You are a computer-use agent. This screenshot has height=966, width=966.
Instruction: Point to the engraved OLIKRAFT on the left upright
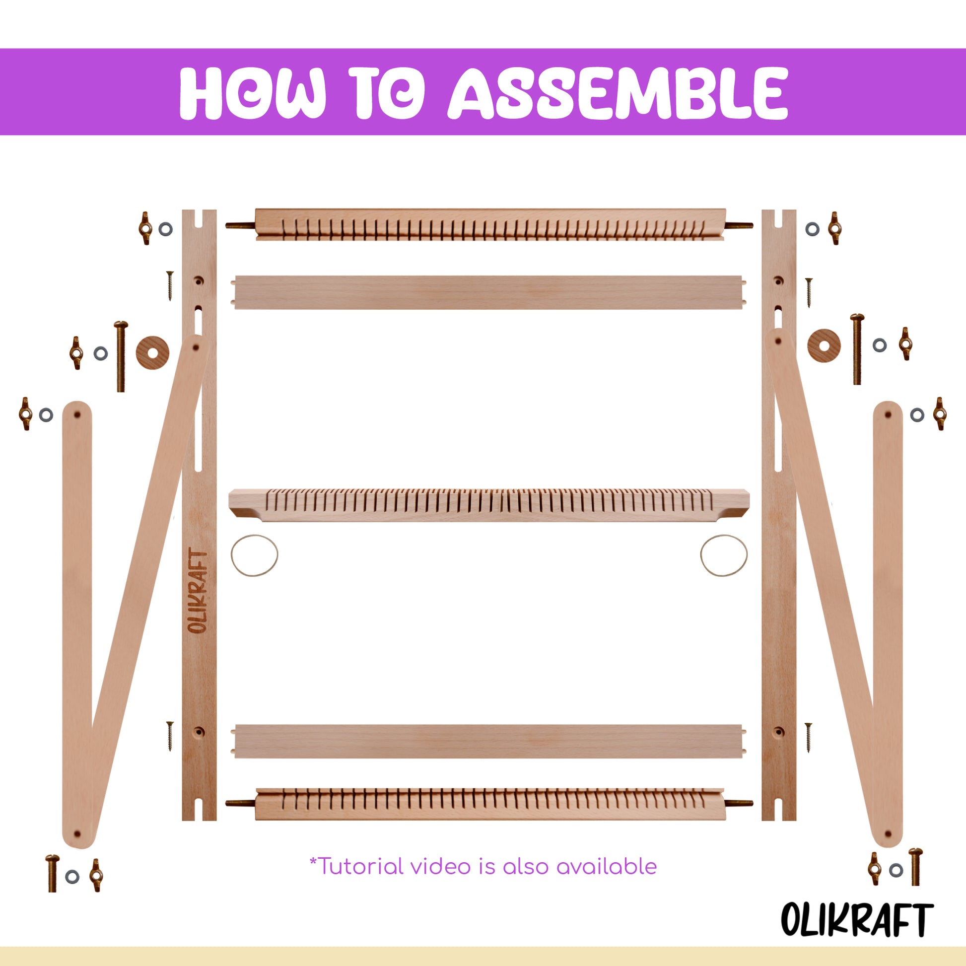pos(199,593)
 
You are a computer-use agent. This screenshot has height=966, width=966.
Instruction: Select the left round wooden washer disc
pos(152,352)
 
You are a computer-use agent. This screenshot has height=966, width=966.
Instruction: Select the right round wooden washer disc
pos(824,345)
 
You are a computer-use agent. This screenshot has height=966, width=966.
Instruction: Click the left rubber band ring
pos(254,555)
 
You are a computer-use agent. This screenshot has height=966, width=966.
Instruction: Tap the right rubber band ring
pos(723,555)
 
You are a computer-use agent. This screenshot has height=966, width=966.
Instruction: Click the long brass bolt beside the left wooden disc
pos(121,356)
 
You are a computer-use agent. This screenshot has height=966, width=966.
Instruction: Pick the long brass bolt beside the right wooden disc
pos(857,349)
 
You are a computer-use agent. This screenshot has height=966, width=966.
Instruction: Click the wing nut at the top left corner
pos(145,228)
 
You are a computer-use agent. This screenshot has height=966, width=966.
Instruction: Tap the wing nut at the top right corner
pos(833,228)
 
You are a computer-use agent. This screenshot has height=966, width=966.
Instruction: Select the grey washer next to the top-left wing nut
pos(165,229)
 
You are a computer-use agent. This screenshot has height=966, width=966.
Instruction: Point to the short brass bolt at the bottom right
pos(915,867)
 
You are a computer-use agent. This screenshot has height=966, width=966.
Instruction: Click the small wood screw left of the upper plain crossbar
pos(170,285)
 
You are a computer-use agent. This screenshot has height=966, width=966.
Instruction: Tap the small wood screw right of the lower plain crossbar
pos(808,738)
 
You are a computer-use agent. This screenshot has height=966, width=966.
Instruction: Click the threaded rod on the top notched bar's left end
pos(240,225)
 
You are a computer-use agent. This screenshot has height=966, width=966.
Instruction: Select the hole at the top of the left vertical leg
pos(77,415)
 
